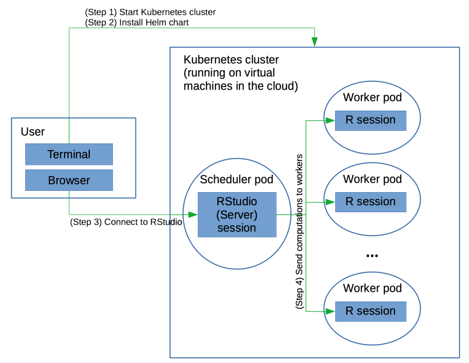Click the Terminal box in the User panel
pyautogui.click(x=69, y=154)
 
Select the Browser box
pyautogui.click(x=69, y=180)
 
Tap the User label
pyautogui.click(x=33, y=132)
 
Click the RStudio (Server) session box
pyautogui.click(x=237, y=215)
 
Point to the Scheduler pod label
pyautogui.click(x=237, y=180)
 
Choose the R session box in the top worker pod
pyautogui.click(x=370, y=120)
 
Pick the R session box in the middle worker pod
pyautogui.click(x=370, y=202)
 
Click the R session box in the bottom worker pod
pyautogui.click(x=370, y=311)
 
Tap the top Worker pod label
pyautogui.click(x=372, y=97)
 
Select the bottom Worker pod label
pyautogui.click(x=372, y=288)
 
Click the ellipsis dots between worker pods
pyautogui.click(x=372, y=256)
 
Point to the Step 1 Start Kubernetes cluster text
pyautogui.click(x=150, y=12)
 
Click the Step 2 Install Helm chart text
pyautogui.click(x=137, y=23)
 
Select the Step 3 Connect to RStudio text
pyautogui.click(x=126, y=222)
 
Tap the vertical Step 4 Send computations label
pyautogui.click(x=299, y=231)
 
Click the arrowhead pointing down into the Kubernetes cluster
pyautogui.click(x=314, y=42)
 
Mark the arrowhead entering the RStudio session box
pyautogui.click(x=193, y=214)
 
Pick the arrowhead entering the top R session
pyautogui.click(x=330, y=120)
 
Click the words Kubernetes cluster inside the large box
pyautogui.click(x=231, y=60)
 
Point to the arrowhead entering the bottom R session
pyautogui.click(x=330, y=311)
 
